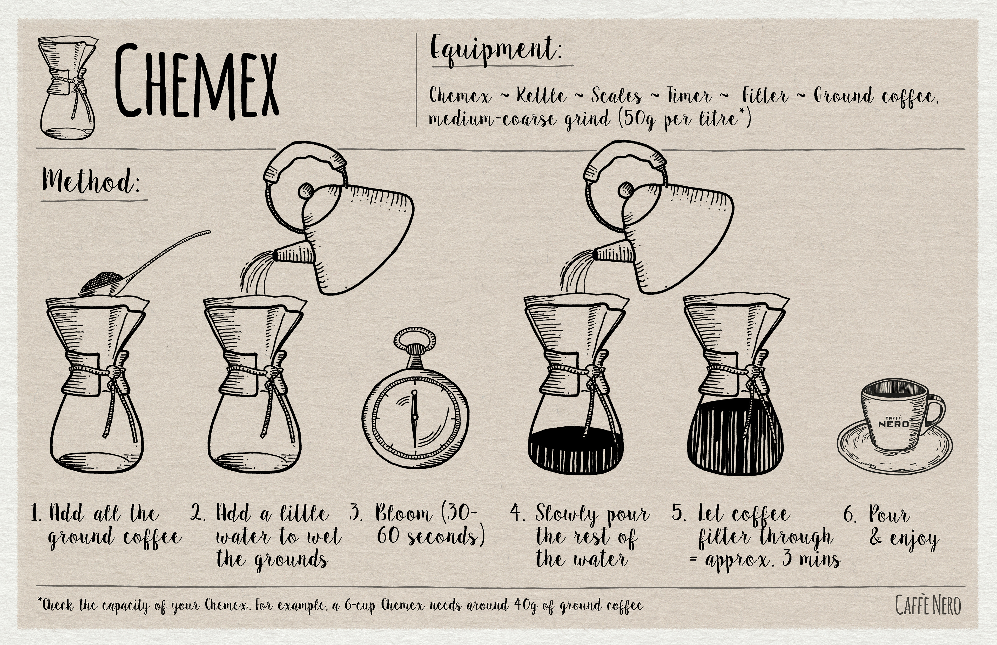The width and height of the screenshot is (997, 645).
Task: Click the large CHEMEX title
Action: (x=196, y=80)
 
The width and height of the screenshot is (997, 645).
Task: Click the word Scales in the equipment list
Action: (x=616, y=96)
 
